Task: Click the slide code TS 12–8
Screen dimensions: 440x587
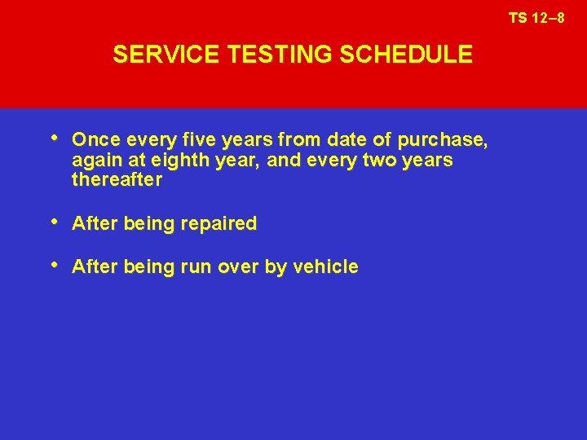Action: (x=536, y=17)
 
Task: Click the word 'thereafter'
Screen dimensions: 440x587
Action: (x=117, y=180)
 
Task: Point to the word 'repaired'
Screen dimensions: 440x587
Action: (x=222, y=224)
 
